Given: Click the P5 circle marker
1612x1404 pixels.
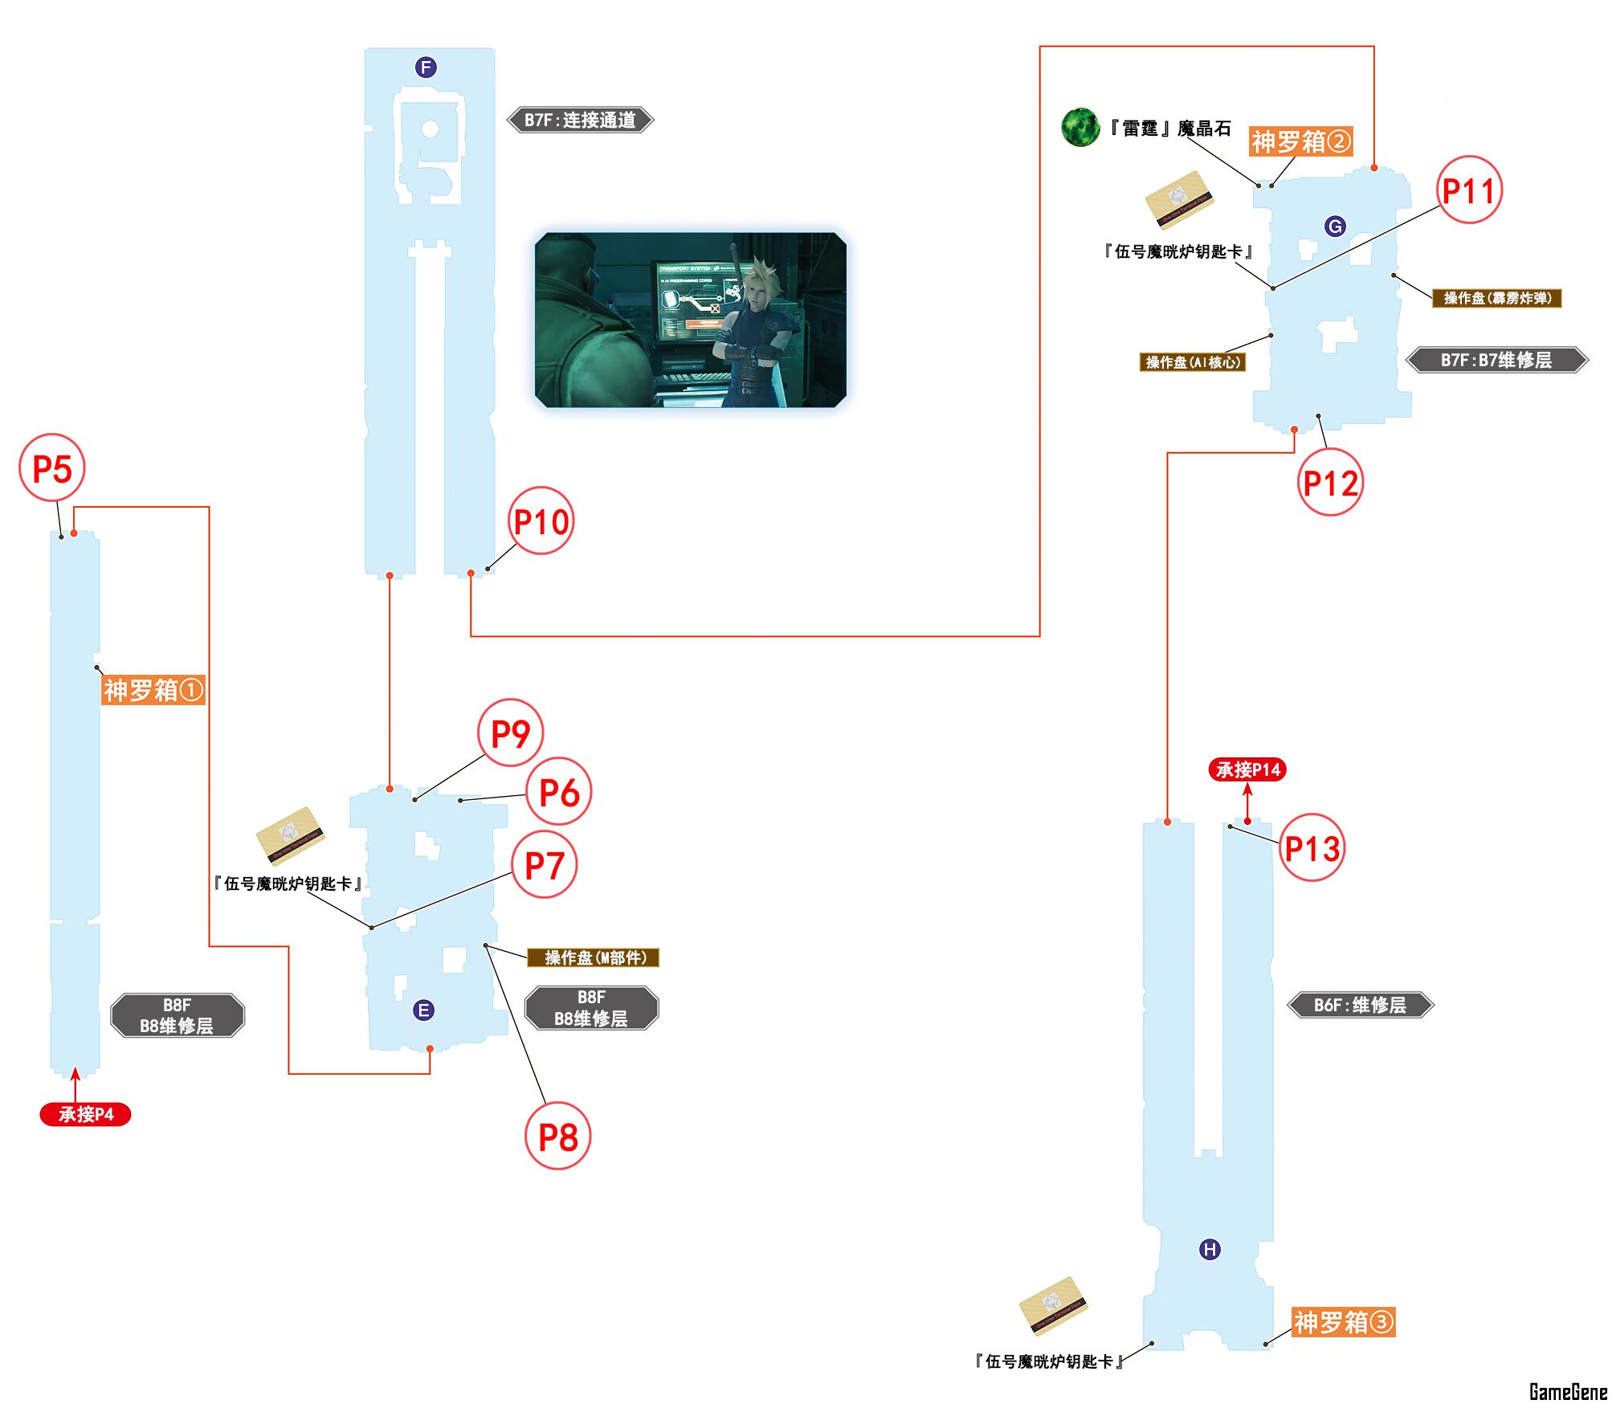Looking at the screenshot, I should tap(52, 468).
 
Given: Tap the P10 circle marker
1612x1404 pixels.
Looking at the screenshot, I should tap(541, 521).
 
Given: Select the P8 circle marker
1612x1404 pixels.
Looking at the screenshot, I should tap(558, 1137).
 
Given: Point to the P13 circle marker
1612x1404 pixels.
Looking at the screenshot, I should tap(1312, 848).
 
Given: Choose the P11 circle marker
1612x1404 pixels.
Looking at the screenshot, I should tap(1469, 190).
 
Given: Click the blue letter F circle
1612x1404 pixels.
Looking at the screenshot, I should tap(426, 67).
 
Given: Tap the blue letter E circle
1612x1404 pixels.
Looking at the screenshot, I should tap(423, 1010).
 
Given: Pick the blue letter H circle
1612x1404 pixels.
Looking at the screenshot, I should tap(1210, 1249).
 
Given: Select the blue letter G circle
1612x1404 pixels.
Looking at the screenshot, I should tap(1335, 227).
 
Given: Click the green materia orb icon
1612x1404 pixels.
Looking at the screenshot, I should tap(1079, 128).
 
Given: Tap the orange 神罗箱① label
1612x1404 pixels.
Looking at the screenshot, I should tap(153, 690).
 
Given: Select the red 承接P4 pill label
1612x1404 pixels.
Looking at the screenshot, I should tap(86, 1114).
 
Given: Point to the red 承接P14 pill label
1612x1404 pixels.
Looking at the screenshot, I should tap(1247, 769).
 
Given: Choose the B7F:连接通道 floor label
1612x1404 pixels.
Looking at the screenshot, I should tap(580, 120).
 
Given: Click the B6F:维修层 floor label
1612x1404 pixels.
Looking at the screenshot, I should tap(1360, 1005).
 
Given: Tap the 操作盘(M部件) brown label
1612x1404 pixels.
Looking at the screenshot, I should tap(594, 957).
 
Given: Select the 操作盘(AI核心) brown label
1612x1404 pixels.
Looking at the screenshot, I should tap(1193, 362).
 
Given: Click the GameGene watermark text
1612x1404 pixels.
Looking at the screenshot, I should tap(1567, 1391).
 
